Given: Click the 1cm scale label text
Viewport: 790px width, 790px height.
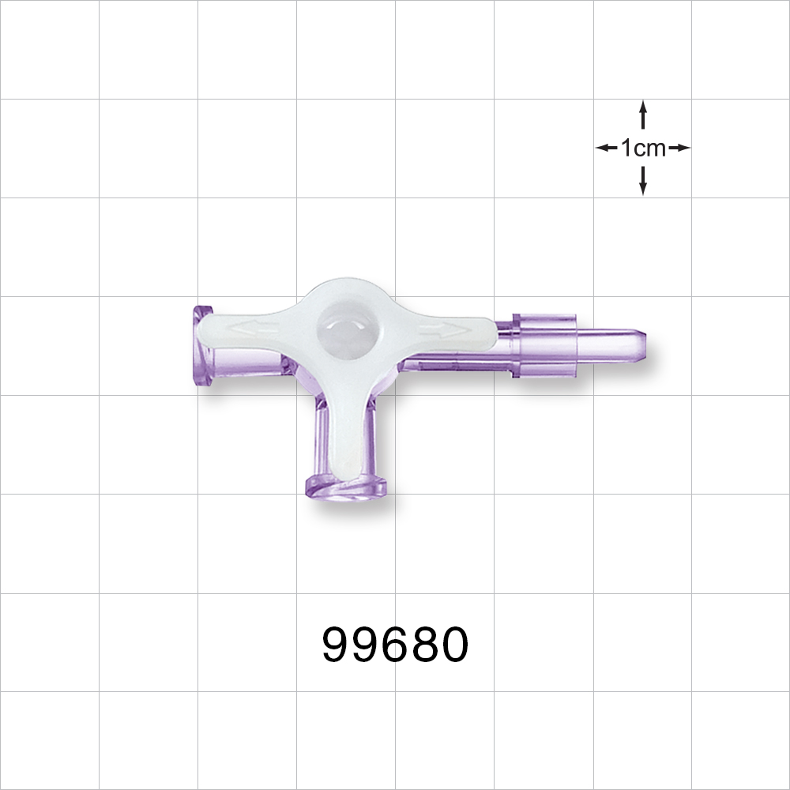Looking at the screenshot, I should tap(643, 148).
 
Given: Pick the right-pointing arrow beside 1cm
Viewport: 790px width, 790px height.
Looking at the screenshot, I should tap(679, 148).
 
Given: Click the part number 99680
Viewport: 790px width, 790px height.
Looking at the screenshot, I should tap(395, 645).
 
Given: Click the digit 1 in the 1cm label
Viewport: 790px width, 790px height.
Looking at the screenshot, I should tap(626, 148).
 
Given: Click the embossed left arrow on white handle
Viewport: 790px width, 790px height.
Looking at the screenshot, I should tap(249, 326).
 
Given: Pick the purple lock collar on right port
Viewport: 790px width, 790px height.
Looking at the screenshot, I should tap(544, 345).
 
